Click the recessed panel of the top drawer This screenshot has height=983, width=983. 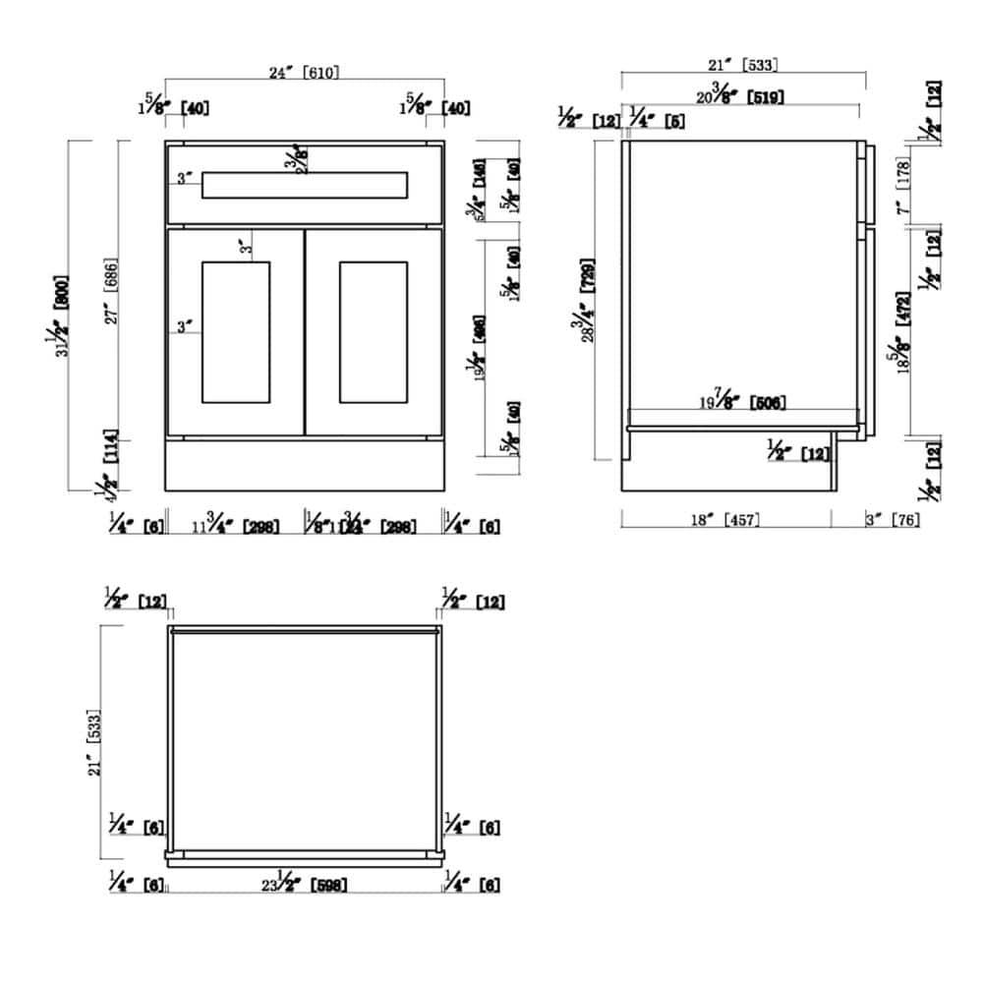tap(304, 185)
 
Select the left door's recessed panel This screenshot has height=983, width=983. tap(235, 331)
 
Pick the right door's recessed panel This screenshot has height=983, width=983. tap(373, 331)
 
